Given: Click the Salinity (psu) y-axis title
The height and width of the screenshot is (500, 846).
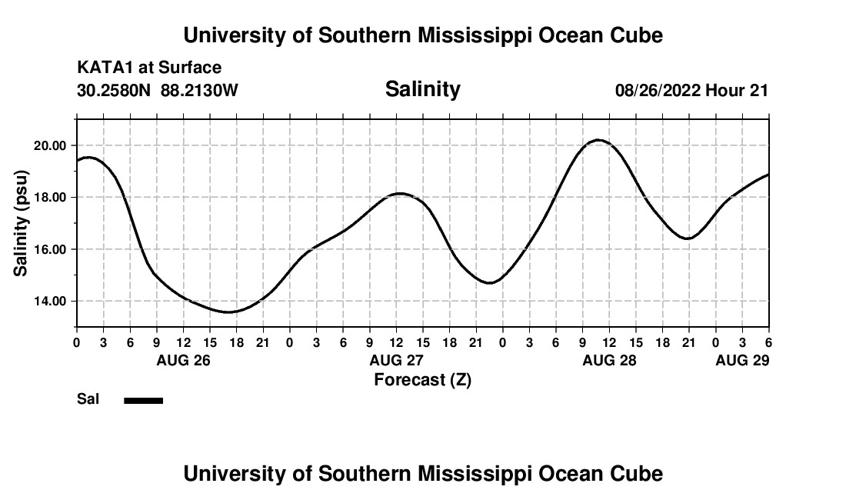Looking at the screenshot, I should click(x=22, y=223).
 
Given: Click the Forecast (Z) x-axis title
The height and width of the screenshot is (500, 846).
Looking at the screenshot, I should click(x=422, y=379).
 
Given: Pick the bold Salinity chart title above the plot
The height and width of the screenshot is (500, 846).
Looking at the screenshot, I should click(x=422, y=89).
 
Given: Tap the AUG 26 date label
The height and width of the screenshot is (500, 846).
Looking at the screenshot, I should click(x=183, y=360).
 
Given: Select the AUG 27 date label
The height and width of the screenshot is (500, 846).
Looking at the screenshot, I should click(x=396, y=360).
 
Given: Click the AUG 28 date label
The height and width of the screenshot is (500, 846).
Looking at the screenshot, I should click(x=609, y=360).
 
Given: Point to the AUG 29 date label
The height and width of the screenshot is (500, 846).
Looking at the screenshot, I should click(x=742, y=360).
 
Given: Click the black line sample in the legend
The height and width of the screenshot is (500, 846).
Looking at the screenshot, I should click(x=144, y=400).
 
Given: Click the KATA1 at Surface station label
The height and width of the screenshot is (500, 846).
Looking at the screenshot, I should click(x=149, y=68).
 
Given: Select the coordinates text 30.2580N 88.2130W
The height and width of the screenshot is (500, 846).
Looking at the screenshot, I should click(x=158, y=91).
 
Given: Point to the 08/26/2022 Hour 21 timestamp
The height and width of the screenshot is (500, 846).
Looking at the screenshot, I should click(x=691, y=91).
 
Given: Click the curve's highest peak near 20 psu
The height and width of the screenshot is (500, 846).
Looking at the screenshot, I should click(x=598, y=140).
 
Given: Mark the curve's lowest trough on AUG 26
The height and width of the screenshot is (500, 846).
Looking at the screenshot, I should click(x=228, y=312).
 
